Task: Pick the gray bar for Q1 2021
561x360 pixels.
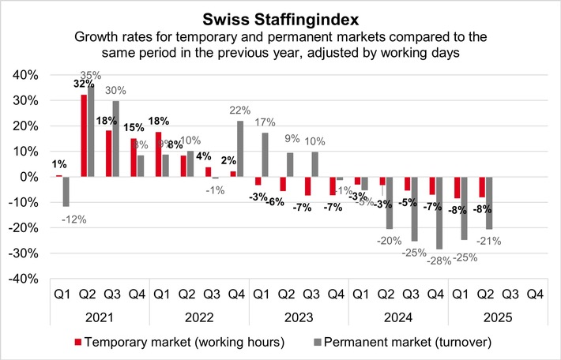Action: [66, 192]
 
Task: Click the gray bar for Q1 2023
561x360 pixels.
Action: [265, 155]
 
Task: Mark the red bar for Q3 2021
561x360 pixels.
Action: [109, 154]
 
